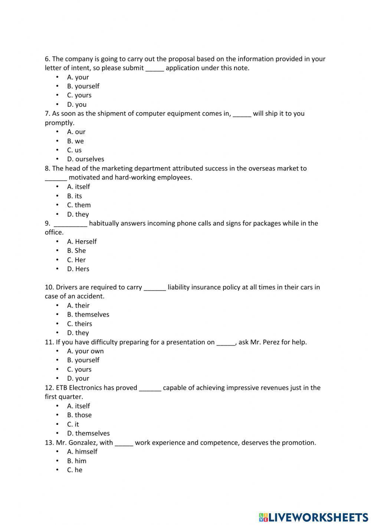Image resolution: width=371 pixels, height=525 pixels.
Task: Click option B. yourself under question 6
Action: coord(83,86)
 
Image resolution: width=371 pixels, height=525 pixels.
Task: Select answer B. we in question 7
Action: coord(75,141)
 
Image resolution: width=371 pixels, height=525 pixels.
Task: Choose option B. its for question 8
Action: coord(75,196)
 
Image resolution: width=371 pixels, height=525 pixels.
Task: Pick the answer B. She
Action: coord(76,251)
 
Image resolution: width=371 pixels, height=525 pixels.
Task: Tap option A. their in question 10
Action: coord(78,305)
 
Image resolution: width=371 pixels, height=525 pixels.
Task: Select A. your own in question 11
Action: coord(85,351)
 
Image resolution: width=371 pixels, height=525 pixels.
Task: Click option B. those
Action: coord(79,415)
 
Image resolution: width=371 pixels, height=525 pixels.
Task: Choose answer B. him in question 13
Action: coord(77,461)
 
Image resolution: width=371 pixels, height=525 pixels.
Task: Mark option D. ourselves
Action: coord(86,159)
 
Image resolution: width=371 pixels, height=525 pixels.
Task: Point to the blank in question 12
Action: coord(150,389)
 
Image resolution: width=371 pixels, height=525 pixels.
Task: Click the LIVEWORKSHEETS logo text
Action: coord(318,517)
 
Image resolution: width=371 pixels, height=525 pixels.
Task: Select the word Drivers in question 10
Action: coord(67,287)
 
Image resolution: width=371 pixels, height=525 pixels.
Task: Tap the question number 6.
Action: coord(47,59)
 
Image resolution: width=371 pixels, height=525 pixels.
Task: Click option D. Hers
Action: coord(78,269)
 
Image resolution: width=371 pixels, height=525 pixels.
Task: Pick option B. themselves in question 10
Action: coord(88,315)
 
